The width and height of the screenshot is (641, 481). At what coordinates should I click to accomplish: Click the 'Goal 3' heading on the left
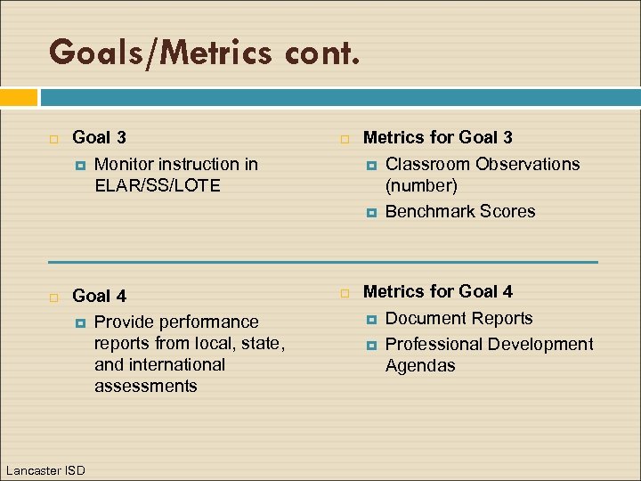99,137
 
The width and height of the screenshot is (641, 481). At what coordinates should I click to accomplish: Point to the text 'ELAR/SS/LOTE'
157,185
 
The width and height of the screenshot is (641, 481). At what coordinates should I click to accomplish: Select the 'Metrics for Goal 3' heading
437,137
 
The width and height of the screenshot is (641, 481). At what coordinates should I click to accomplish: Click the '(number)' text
421,185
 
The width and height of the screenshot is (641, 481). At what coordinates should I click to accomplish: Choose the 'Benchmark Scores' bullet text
460,211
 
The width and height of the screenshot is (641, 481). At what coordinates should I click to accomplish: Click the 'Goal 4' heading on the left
99,296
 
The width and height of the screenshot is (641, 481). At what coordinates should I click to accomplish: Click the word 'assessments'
145,386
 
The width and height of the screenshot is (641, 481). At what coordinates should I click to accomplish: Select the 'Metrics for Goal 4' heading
437,291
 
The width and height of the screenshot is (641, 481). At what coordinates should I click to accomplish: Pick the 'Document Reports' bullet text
458,318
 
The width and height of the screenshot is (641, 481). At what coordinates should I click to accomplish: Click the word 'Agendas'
420,365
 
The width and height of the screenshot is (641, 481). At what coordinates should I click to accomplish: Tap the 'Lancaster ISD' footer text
45,469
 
